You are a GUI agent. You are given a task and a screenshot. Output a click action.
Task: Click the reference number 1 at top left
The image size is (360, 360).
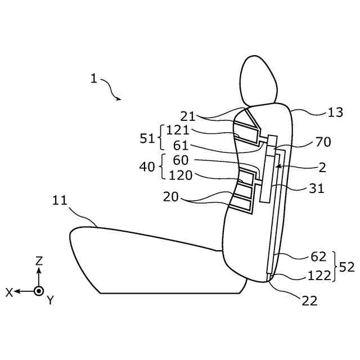point(94,79)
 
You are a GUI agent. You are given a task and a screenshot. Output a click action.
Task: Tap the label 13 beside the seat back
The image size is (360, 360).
point(335,112)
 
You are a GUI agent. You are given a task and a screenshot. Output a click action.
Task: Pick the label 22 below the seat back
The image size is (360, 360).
point(310,301)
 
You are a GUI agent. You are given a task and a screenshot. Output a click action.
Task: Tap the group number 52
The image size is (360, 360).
point(346,267)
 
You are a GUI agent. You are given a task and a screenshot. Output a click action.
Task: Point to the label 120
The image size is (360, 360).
point(180,175)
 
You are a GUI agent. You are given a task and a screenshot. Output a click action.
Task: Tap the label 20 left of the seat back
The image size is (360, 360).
point(172,197)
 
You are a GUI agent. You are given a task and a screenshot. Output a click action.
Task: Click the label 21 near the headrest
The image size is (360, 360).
point(188,116)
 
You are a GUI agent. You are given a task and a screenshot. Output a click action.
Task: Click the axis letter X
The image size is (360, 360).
point(10,292)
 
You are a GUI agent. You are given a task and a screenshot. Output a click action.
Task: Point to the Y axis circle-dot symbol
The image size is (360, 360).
point(38,291)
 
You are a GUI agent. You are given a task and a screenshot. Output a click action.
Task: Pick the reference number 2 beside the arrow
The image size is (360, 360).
point(322,168)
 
